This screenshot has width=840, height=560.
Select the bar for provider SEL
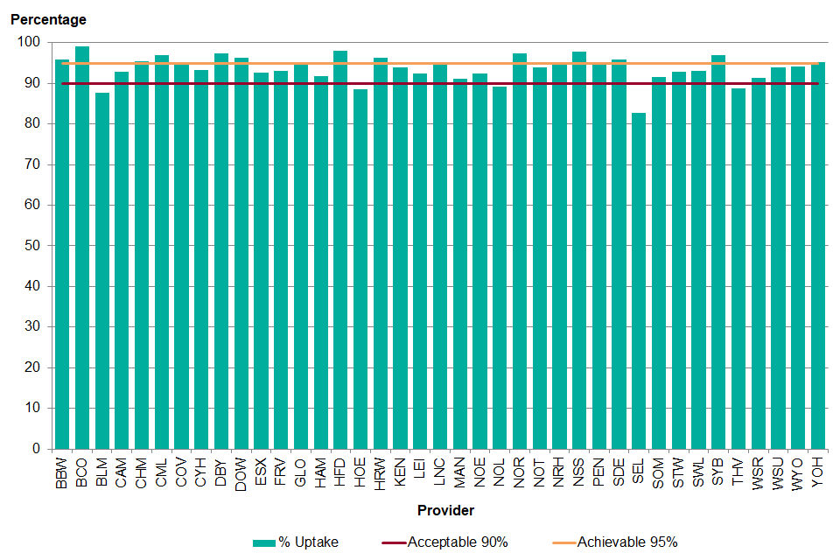point(639,280)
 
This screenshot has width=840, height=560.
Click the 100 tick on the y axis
point(28,43)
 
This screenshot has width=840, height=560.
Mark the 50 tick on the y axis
point(31,246)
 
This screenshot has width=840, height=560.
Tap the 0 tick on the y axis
point(35,449)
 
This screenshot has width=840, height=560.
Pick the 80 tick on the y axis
point(31,124)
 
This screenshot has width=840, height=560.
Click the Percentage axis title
point(48,19)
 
